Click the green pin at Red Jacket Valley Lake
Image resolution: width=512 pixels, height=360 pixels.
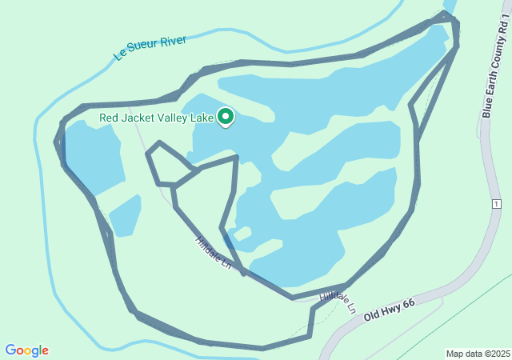(226, 118)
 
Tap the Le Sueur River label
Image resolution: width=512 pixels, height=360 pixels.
(150, 46)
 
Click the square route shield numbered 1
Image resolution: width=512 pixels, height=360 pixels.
(496, 205)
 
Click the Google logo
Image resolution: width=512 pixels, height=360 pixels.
(26, 350)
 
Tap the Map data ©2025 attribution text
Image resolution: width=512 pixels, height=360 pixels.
(478, 354)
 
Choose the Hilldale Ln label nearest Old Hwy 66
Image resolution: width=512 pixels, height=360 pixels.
(337, 301)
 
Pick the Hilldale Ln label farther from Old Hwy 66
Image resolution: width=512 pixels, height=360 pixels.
(213, 252)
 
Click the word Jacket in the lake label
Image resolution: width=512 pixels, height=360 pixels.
(149, 118)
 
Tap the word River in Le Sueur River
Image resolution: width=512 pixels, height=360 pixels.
(173, 40)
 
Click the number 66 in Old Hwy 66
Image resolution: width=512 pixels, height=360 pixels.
(410, 299)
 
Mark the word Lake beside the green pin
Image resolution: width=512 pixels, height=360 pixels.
(202, 118)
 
